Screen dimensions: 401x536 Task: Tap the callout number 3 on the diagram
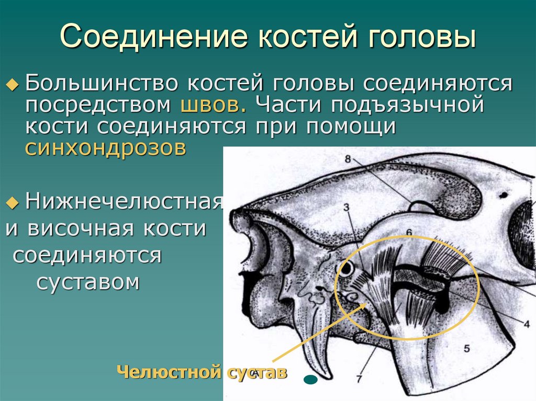click(346, 208)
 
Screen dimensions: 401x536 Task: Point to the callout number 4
click(526, 323)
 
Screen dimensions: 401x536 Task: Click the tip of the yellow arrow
click(366, 304)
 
